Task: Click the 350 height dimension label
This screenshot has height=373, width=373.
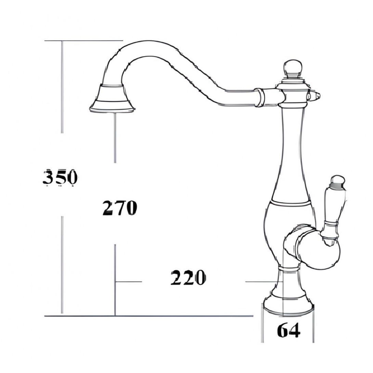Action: [x=60, y=177]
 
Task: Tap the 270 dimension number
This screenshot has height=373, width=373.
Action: [x=120, y=208]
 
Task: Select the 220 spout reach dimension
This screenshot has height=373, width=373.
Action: [x=188, y=278]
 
